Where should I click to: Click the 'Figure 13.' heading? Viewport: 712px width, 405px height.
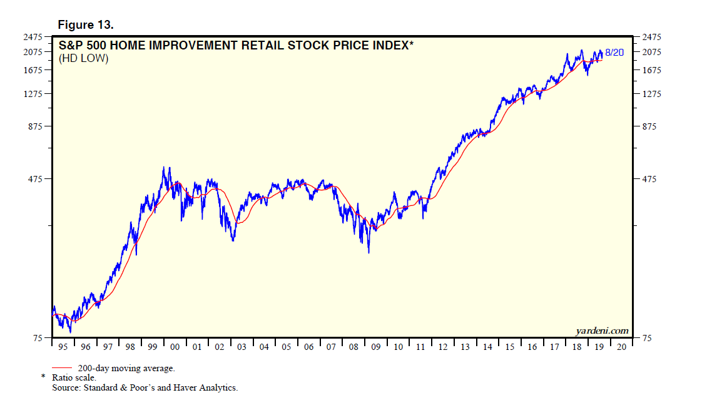point(85,25)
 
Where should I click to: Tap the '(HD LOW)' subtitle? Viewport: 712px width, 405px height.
point(83,59)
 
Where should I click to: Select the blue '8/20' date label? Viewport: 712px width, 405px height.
point(614,53)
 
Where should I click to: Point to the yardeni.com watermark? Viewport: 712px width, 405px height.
point(601,331)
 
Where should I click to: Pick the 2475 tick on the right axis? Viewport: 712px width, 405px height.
point(648,38)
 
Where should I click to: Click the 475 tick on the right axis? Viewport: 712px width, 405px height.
point(646,180)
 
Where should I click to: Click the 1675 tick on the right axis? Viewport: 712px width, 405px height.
point(648,70)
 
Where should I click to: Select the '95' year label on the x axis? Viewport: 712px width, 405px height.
point(63,347)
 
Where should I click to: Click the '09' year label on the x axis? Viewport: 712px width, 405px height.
point(376,347)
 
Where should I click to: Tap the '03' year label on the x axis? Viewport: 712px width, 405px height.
point(242,347)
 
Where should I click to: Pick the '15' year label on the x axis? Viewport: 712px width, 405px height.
point(510,347)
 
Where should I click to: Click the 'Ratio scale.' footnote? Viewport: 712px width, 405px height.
point(73,378)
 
